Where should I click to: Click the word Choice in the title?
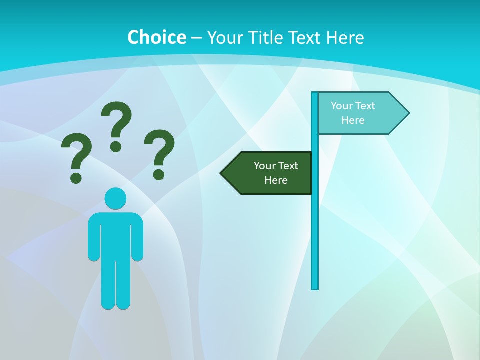click(156, 37)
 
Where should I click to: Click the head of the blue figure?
click(115, 198)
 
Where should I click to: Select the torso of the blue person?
click(115, 235)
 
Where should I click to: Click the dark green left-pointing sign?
click(270, 173)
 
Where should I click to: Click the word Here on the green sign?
click(276, 180)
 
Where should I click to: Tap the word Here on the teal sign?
click(353, 120)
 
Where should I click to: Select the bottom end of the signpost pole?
click(315, 287)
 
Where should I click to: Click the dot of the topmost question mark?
click(116, 146)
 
